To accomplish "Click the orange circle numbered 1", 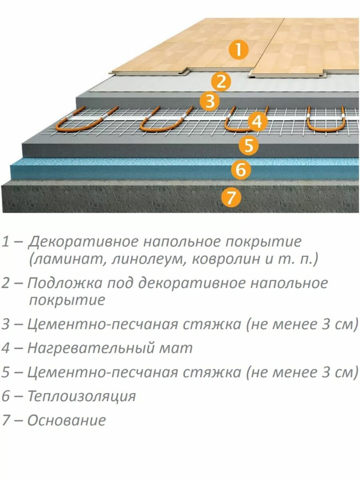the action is (x=238, y=50).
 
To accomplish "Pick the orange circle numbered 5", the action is (x=248, y=146).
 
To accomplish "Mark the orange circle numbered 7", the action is (x=230, y=197).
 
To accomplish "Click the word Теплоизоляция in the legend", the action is (x=82, y=396).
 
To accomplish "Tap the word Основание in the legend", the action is (x=67, y=420).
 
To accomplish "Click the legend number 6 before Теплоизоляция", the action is (x=6, y=396).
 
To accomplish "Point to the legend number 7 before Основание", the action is (x=6, y=420).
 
